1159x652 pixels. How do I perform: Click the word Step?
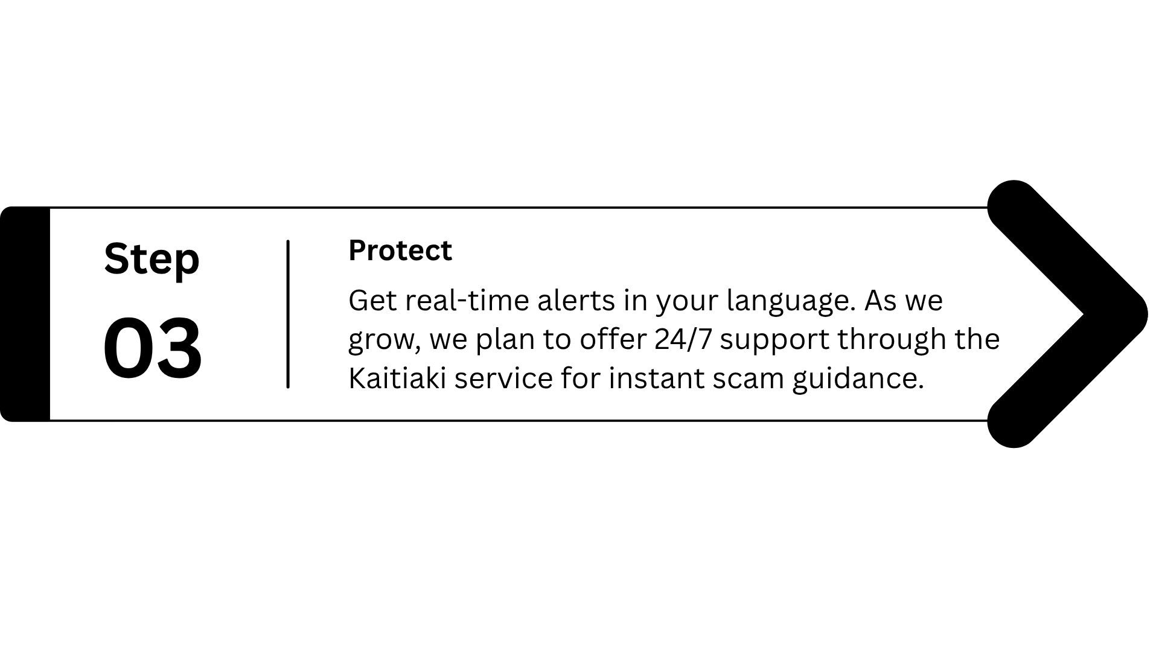pos(152,260)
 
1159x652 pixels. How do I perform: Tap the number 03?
pos(153,348)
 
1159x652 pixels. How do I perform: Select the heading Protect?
pos(400,251)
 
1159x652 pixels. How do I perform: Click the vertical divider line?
pos(288,314)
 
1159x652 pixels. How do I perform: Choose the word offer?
pos(614,339)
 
